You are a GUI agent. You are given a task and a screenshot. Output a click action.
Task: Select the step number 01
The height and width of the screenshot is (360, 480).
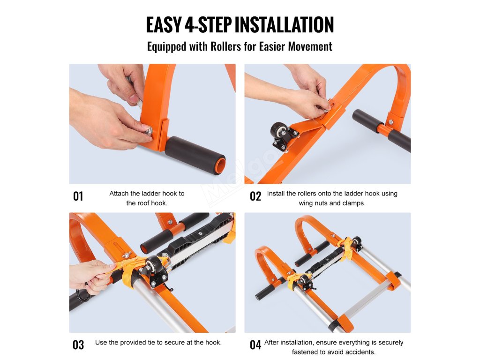[x=78, y=196]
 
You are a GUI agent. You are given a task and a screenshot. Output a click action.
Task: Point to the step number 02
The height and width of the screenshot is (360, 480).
[x=255, y=196]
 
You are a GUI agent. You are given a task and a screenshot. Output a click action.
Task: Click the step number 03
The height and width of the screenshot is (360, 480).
[x=78, y=345]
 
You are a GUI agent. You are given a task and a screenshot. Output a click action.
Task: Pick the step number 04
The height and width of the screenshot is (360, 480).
[x=255, y=345]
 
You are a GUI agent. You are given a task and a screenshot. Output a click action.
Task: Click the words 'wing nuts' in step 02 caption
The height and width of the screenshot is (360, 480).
[x=314, y=203]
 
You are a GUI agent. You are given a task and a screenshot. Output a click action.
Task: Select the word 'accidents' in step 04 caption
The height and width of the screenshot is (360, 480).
[x=360, y=352]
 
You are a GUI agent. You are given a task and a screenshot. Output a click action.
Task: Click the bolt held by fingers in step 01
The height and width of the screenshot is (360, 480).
[x=148, y=132]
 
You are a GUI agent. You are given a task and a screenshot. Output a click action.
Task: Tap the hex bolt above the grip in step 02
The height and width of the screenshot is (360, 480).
[x=390, y=122]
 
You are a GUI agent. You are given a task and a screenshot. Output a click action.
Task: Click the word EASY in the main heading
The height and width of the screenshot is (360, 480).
[x=164, y=25]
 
